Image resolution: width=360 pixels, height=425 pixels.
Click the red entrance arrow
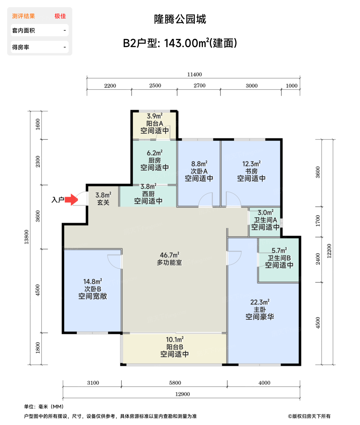(71, 199)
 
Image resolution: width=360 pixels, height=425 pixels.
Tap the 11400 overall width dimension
(194, 74)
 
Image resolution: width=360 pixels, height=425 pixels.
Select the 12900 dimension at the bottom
(182, 394)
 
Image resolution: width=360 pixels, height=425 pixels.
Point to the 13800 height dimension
(26, 237)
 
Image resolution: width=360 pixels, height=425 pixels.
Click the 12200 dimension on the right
(329, 251)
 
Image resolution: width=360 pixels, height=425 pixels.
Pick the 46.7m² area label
(169, 255)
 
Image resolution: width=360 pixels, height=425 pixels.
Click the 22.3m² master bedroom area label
(260, 302)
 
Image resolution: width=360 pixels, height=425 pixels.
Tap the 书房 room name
(251, 171)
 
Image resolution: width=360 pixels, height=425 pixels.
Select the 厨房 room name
(155, 160)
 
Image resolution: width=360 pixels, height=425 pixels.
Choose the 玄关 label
(103, 202)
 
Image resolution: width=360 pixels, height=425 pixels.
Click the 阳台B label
(175, 347)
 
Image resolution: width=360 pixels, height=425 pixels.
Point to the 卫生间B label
(279, 258)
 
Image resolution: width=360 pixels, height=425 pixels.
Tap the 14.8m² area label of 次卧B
(93, 281)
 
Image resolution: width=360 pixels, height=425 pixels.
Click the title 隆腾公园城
(180, 19)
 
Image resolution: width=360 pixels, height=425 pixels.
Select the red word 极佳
(60, 16)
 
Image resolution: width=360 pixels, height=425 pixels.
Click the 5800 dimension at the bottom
(175, 383)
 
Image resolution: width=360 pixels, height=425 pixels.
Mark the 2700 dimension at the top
(199, 86)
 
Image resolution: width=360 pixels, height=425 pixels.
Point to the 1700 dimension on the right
(318, 221)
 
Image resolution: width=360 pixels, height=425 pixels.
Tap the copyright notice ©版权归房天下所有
(309, 416)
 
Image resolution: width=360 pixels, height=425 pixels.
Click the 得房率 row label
(21, 47)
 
